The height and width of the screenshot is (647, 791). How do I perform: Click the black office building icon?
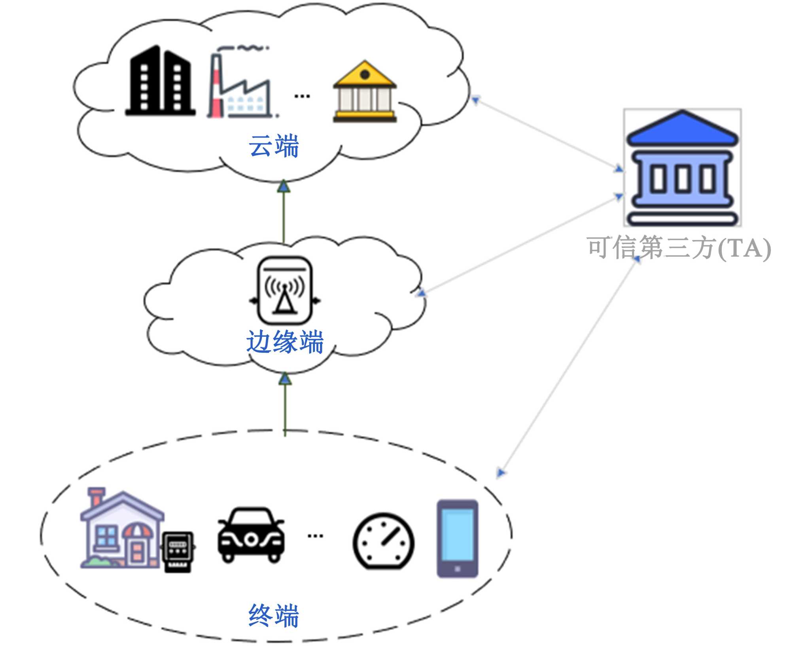click(x=160, y=81)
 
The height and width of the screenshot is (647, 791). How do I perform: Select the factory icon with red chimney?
click(x=241, y=85)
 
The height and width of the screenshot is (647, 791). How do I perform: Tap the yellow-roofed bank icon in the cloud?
click(x=365, y=92)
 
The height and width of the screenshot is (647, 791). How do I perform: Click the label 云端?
click(x=274, y=146)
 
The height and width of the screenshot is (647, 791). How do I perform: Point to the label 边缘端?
click(x=285, y=342)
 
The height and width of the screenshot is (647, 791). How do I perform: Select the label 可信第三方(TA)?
click(x=679, y=248)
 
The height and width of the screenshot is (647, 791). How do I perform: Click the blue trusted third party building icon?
click(x=682, y=168)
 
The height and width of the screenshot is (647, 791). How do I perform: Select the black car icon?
click(x=251, y=535)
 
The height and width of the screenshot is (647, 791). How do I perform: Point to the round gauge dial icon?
click(x=383, y=541)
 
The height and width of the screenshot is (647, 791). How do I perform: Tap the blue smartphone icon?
click(x=457, y=539)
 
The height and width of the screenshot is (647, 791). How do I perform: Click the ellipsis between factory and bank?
click(x=302, y=96)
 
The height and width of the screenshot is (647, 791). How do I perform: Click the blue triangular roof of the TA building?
click(x=682, y=128)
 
